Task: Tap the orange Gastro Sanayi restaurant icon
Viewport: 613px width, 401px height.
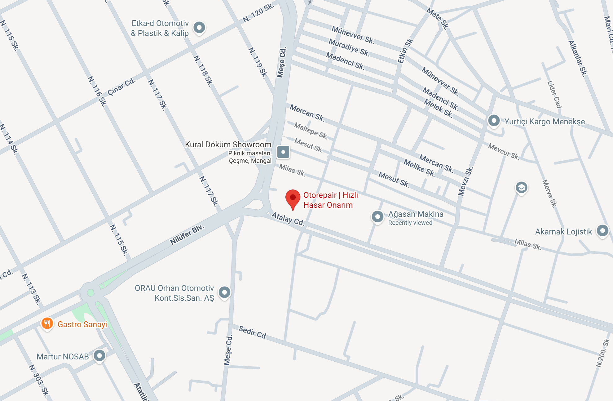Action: tap(47, 324)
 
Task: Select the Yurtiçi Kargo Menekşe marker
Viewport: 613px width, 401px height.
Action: tap(494, 121)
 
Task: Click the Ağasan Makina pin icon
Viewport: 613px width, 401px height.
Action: tap(377, 217)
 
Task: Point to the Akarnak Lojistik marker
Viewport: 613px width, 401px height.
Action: tap(602, 231)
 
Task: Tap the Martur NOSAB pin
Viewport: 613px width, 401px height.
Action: tap(99, 356)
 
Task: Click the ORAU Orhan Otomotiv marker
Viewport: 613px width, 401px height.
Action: tap(224, 292)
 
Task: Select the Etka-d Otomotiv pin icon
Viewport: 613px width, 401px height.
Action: tap(199, 28)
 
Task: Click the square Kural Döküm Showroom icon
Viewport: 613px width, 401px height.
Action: tap(283, 152)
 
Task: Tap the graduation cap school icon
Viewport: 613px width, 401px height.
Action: tap(521, 188)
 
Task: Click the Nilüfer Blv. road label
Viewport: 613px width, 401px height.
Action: tap(187, 234)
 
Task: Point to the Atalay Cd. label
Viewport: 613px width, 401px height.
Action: tap(288, 219)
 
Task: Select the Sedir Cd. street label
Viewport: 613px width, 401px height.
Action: tap(253, 332)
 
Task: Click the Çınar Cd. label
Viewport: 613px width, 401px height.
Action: tap(121, 87)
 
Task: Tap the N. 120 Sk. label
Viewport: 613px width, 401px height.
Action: tap(258, 13)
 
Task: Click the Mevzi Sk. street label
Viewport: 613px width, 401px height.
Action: tap(465, 181)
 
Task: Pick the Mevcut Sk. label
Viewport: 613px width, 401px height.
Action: tap(503, 151)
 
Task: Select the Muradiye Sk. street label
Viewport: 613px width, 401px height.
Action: tap(349, 47)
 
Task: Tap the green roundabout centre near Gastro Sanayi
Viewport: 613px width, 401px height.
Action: tap(90, 292)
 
